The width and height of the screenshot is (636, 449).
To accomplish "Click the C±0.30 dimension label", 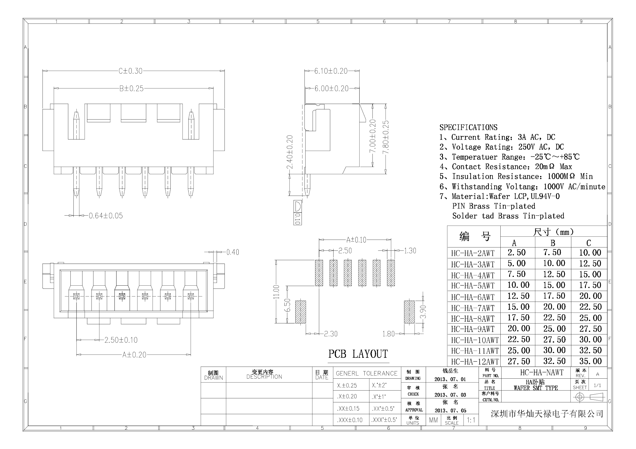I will (130, 71).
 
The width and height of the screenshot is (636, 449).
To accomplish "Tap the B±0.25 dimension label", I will (131, 89).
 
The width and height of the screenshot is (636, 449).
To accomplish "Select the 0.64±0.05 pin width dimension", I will (106, 216).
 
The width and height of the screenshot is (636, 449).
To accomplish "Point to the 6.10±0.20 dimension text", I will (331, 71).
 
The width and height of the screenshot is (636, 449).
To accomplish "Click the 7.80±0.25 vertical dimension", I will (386, 137).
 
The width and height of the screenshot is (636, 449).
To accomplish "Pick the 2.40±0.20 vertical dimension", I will (289, 152).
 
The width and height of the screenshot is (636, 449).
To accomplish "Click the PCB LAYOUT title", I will (358, 354).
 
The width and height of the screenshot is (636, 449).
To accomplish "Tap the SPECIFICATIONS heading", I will (468, 127).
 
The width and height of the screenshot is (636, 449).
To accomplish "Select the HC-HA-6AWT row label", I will (473, 297).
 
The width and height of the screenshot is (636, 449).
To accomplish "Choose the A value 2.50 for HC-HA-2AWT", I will (517, 252).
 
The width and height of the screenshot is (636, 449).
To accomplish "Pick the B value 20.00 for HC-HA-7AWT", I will (554, 307).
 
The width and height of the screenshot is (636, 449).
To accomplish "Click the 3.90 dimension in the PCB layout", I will (423, 312).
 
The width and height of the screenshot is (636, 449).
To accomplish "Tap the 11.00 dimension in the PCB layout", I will (276, 292).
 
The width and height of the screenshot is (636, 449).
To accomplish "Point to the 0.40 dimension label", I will (233, 252).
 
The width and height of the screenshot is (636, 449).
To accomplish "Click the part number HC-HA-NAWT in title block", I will (542, 373).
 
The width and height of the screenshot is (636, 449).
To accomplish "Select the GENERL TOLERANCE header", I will (366, 374).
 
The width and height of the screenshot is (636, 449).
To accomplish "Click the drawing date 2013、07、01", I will (450, 379).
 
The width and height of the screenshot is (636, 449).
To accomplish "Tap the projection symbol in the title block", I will (589, 397).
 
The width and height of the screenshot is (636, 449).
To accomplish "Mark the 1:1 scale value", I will (471, 420).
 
